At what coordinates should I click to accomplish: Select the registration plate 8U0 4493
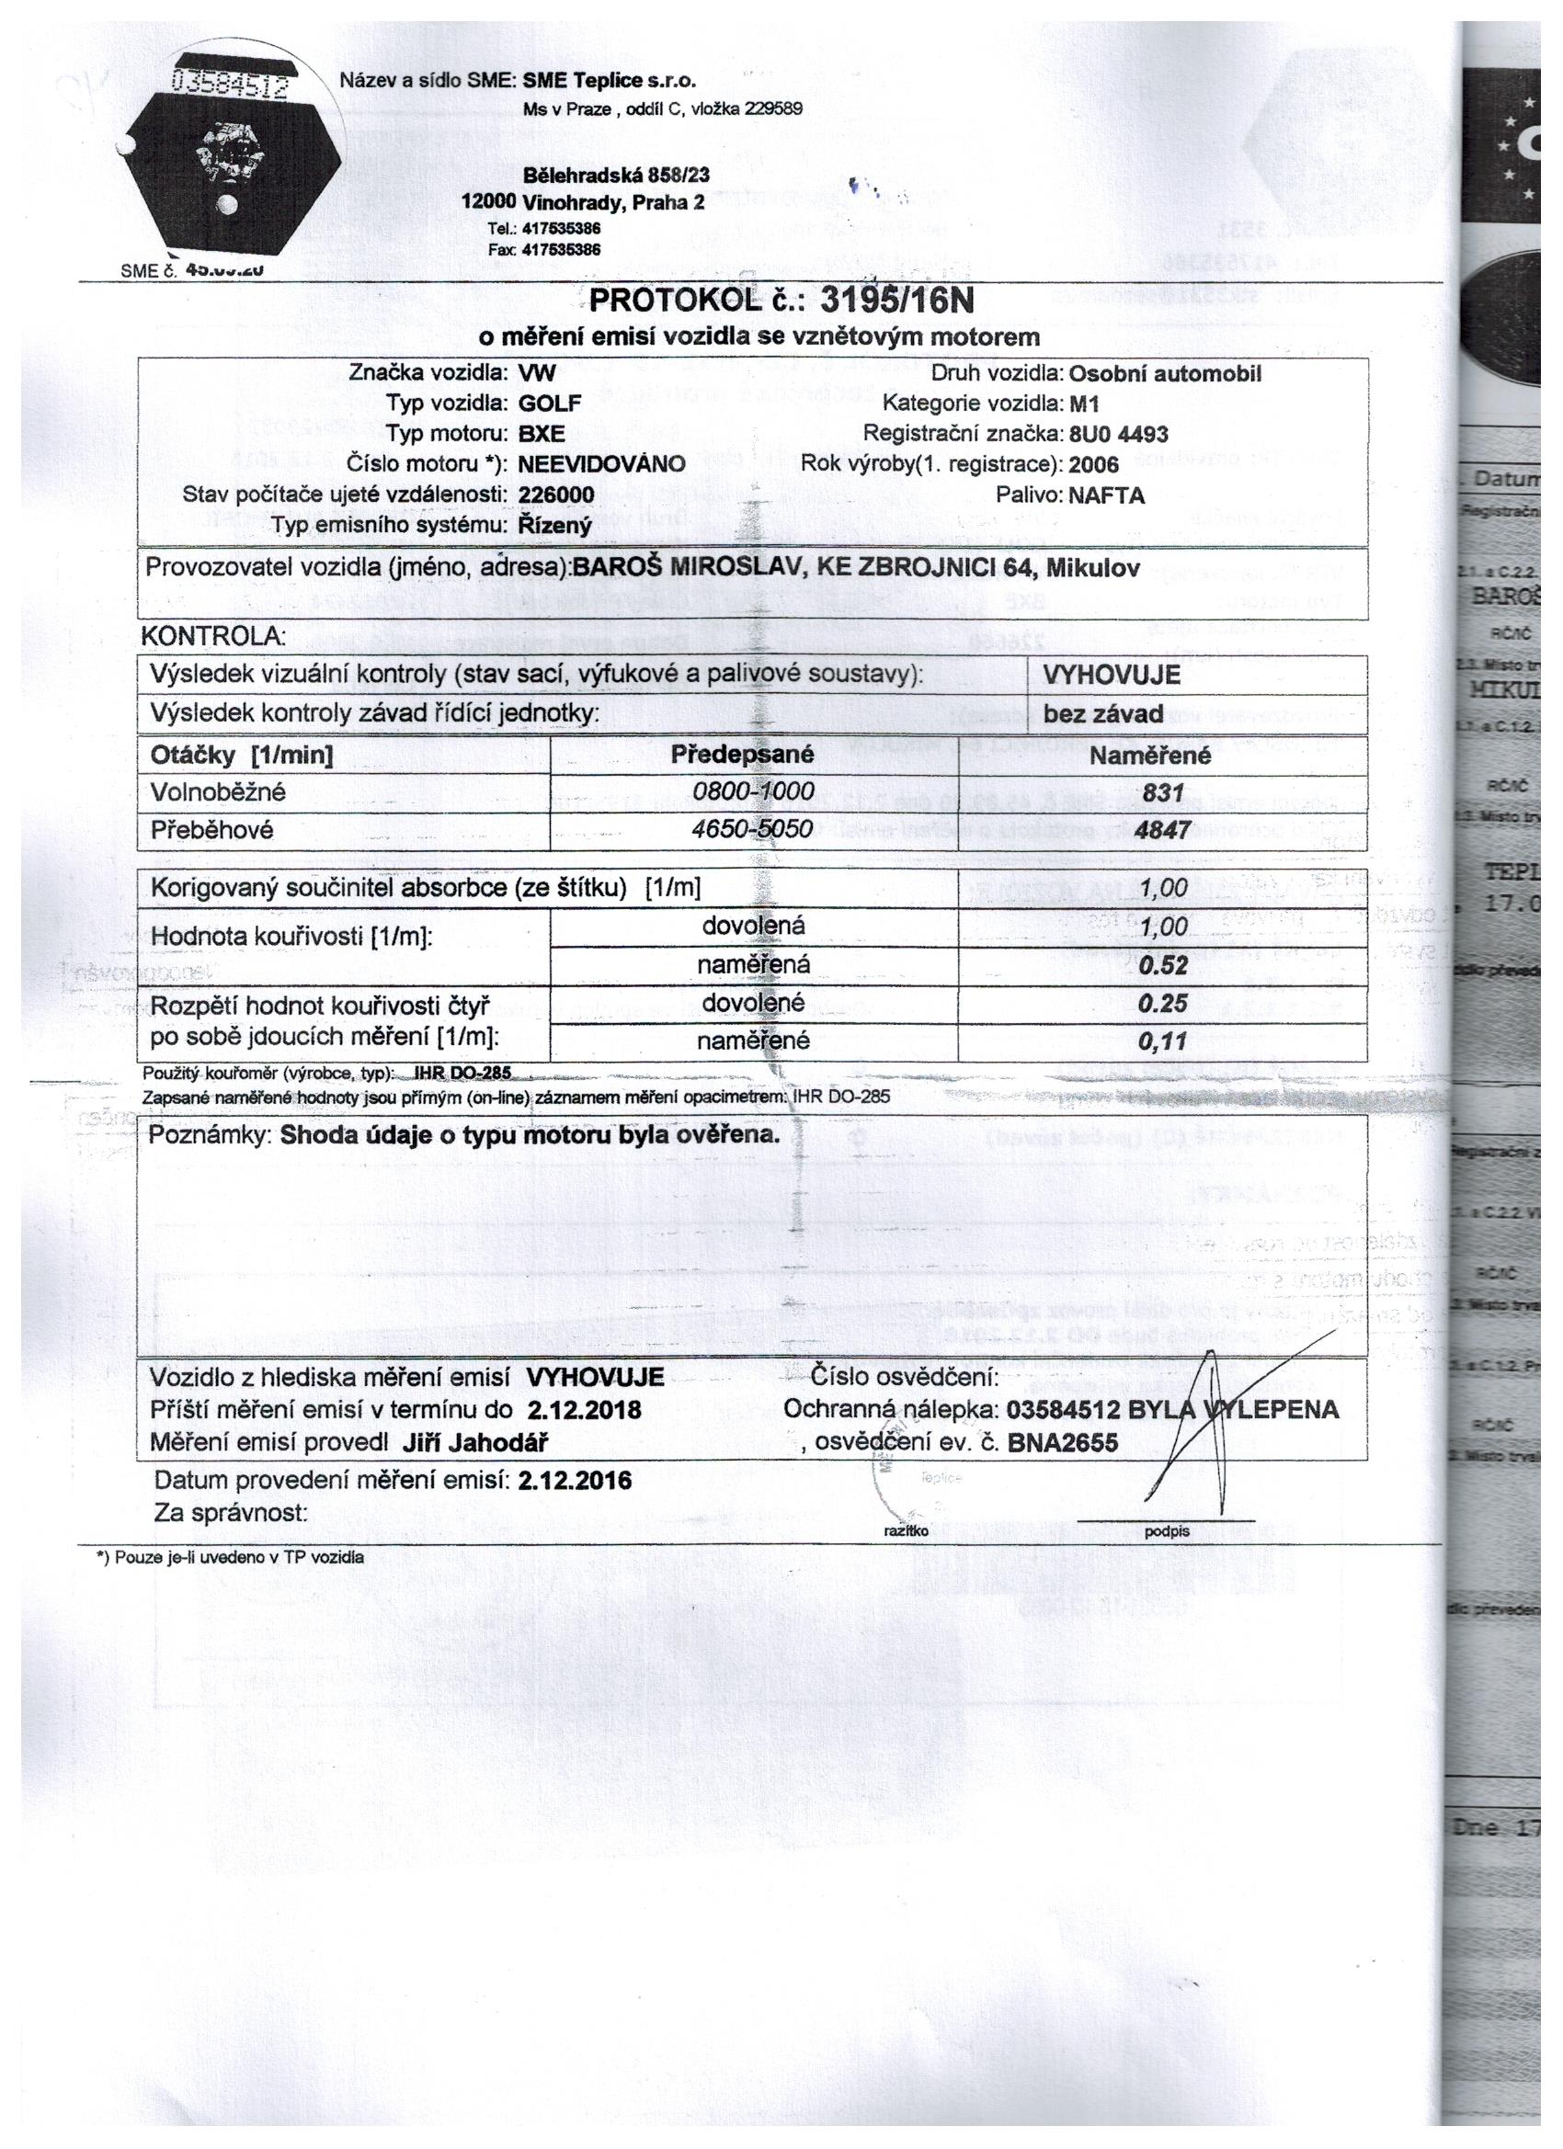pos(1118,434)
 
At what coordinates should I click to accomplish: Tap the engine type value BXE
pos(542,434)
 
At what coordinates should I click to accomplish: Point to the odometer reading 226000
pos(556,495)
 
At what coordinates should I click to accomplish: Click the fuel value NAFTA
pos(1106,495)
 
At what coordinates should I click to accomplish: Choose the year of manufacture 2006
pos(1093,464)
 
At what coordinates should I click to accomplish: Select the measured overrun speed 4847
pos(1162,829)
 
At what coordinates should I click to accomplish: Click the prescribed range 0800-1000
pos(754,791)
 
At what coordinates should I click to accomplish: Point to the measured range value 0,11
pos(1163,1041)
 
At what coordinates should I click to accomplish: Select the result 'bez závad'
pos(1103,712)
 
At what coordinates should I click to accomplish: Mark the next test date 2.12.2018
pos(584,1409)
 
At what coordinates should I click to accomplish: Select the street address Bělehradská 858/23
pos(616,176)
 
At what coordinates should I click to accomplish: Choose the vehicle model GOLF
pos(549,404)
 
